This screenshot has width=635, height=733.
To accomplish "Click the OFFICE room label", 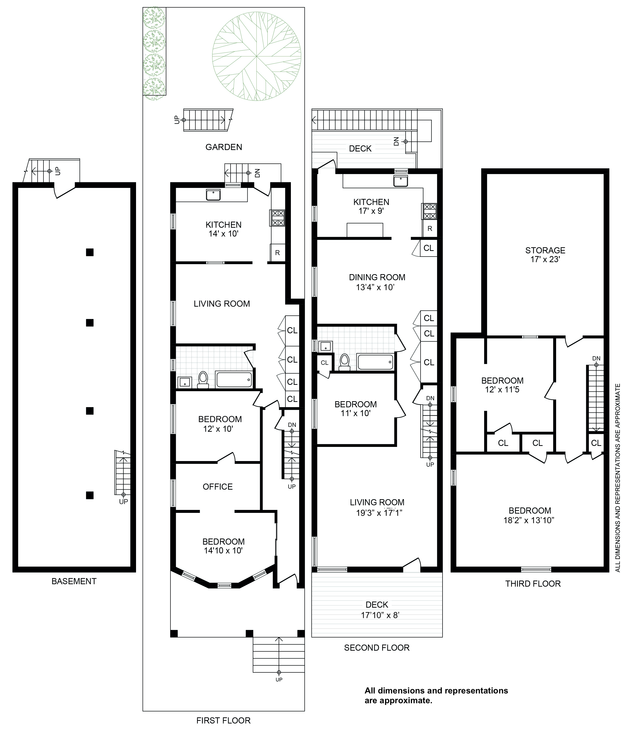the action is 218,487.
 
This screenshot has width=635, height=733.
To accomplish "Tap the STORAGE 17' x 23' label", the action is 545,255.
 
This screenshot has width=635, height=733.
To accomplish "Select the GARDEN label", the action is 224,147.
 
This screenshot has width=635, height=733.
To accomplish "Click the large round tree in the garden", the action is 256,56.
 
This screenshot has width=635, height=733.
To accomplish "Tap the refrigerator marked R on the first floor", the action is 277,253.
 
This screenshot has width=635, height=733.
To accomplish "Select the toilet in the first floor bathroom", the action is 203,380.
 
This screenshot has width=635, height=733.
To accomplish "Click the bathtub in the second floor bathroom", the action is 375,362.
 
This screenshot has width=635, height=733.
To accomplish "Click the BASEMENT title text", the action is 74,581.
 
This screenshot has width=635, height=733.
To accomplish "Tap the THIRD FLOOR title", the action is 533,584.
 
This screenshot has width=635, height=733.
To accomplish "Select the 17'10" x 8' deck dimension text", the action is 380,615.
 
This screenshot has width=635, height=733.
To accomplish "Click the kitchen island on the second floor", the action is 365,230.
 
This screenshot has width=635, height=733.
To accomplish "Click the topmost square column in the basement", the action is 90,252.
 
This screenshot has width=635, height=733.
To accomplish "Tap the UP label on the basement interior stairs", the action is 123,502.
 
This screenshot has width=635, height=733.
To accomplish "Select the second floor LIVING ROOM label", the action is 377,502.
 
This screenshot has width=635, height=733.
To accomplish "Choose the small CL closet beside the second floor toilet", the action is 325,363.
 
